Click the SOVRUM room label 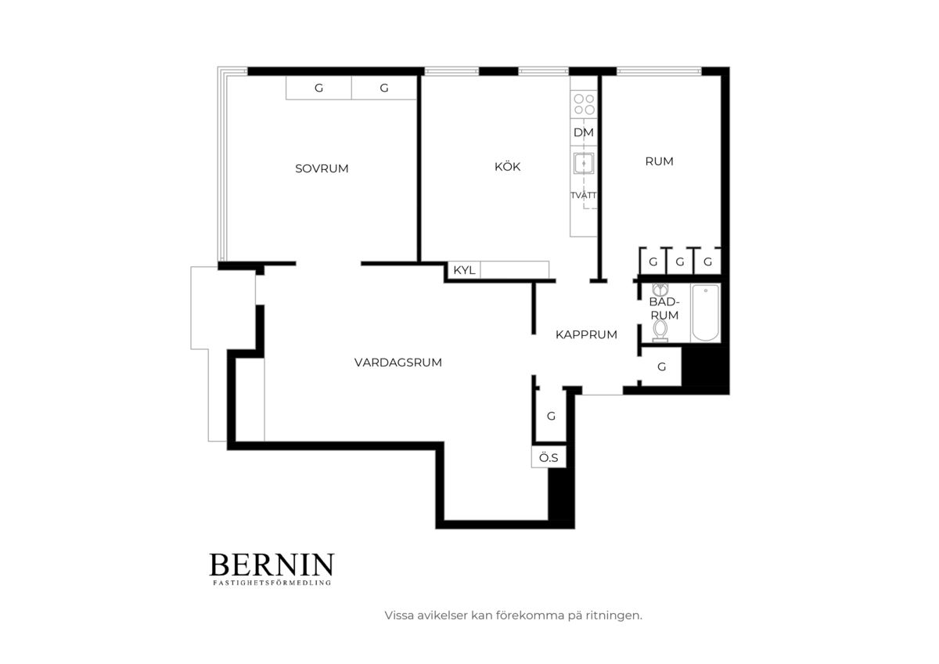click(x=322, y=168)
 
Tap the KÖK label click(x=507, y=167)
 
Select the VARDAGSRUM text click(x=398, y=363)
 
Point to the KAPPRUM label click(x=586, y=334)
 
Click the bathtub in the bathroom click(x=706, y=312)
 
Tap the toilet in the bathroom click(x=660, y=330)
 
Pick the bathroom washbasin click(x=660, y=290)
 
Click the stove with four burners click(x=584, y=104)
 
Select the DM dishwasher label click(x=584, y=132)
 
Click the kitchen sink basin click(x=584, y=163)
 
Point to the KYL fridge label click(x=464, y=270)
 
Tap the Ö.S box click(x=549, y=457)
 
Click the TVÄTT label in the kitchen click(x=583, y=196)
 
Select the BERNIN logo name click(x=272, y=565)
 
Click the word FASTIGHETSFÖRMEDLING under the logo click(x=272, y=583)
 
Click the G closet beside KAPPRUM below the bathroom click(x=661, y=367)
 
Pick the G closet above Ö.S click(x=551, y=416)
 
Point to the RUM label click(x=659, y=161)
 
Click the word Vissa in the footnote click(x=398, y=615)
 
